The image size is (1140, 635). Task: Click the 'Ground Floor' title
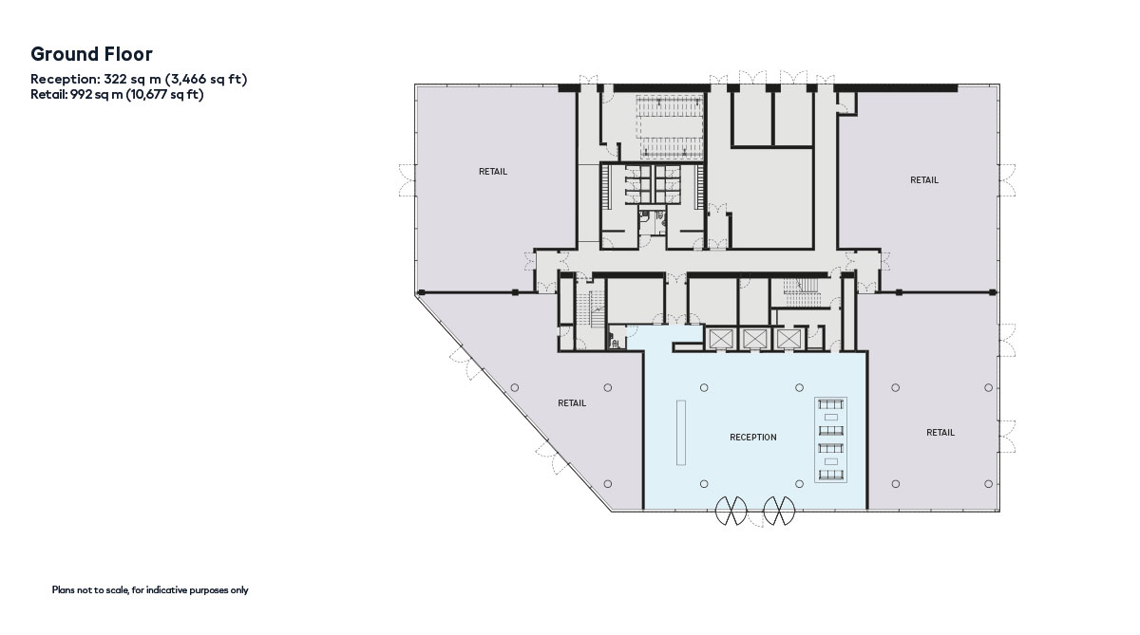91,54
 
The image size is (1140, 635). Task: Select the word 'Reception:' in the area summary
66,80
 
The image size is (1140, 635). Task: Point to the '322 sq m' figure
132,80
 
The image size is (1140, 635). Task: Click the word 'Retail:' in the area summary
48,95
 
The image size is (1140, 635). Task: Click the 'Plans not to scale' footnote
150,589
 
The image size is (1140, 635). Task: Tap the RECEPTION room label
753,438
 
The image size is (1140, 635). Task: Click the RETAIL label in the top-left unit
493,172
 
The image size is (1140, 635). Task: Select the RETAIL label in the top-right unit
924,180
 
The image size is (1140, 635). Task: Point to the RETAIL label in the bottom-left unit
572,403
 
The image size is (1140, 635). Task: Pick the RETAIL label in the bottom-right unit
940,433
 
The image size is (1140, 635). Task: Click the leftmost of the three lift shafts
721,339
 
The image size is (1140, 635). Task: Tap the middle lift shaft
754,339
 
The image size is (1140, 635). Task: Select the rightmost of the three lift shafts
788,339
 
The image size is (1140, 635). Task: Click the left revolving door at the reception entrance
731,511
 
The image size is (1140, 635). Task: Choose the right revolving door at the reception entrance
779,511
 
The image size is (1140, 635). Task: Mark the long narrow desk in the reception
681,433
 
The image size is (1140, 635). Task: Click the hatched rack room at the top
671,127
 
